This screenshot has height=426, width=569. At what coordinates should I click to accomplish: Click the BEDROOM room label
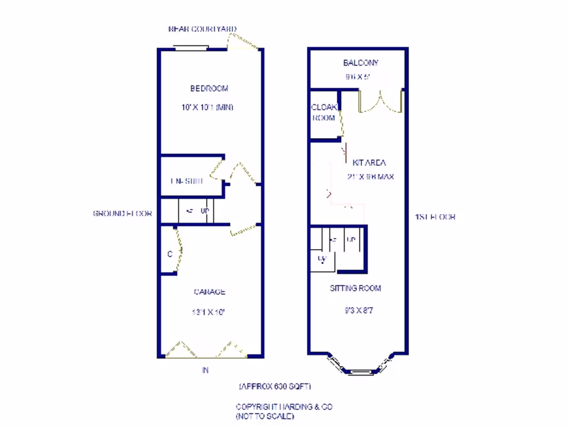(x=209, y=88)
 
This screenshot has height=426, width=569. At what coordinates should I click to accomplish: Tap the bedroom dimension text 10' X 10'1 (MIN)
(x=207, y=107)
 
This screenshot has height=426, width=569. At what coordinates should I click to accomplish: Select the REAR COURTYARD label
(x=202, y=29)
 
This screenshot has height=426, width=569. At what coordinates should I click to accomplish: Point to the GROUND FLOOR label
(x=122, y=214)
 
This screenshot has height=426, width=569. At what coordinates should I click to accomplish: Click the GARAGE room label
(x=209, y=292)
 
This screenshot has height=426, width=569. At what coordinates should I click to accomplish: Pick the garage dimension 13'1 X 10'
(x=208, y=312)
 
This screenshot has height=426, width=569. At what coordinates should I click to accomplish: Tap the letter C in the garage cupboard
(x=169, y=254)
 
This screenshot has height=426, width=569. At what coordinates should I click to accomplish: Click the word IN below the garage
(x=205, y=371)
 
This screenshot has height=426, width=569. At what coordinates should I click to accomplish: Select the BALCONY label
(x=360, y=63)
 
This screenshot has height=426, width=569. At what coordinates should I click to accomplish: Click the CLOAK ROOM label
(x=323, y=112)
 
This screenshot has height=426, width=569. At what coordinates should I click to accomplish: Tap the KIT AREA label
(x=369, y=163)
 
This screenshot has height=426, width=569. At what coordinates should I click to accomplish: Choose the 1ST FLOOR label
(x=435, y=217)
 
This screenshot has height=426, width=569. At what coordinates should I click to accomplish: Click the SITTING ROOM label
(x=356, y=288)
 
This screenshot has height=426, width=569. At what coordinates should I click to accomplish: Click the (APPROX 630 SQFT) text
(x=274, y=386)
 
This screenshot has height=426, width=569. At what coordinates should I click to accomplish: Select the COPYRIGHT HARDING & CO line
(x=284, y=407)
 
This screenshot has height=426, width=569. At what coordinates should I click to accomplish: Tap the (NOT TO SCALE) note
(x=265, y=415)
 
